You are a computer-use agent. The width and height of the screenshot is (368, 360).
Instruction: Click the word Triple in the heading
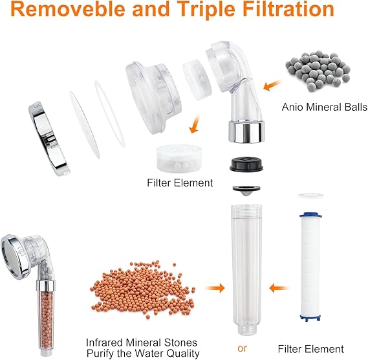(x=206, y=10)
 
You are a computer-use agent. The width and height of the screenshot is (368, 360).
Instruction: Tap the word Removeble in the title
(x=68, y=9)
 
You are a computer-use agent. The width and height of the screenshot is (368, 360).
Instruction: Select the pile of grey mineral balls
(x=318, y=71)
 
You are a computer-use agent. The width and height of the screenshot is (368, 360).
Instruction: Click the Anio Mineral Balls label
(x=325, y=107)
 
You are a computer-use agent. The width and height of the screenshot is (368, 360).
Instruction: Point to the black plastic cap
(x=246, y=164)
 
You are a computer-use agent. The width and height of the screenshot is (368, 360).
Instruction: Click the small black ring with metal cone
(x=246, y=190)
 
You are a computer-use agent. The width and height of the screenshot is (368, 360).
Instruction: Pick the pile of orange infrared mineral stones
(x=143, y=289)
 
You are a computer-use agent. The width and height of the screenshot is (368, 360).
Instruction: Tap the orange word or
(x=242, y=348)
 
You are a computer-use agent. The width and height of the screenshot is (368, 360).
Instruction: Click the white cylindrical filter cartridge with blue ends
(x=310, y=267)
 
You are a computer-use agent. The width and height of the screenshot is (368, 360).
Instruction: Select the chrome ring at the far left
(x=49, y=139)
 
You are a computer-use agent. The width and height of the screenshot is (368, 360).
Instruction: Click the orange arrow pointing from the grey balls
(x=272, y=85)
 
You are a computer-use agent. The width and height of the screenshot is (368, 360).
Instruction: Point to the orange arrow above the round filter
(x=194, y=124)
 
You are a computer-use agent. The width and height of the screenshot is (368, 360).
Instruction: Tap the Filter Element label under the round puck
(x=180, y=183)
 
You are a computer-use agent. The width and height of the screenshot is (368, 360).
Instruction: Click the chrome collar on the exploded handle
(x=246, y=131)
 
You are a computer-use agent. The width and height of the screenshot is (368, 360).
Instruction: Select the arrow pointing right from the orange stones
(x=215, y=288)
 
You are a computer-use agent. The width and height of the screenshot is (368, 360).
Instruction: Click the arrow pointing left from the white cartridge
(x=279, y=288)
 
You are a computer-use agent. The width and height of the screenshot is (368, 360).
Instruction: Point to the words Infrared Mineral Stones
(x=142, y=343)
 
